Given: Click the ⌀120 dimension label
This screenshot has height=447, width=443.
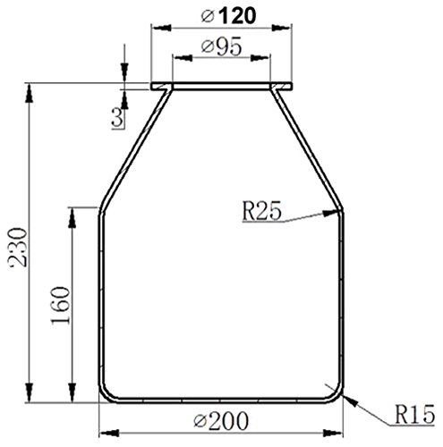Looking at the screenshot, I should coord(223,15).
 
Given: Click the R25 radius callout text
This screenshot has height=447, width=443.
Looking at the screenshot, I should coord(261,211).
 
